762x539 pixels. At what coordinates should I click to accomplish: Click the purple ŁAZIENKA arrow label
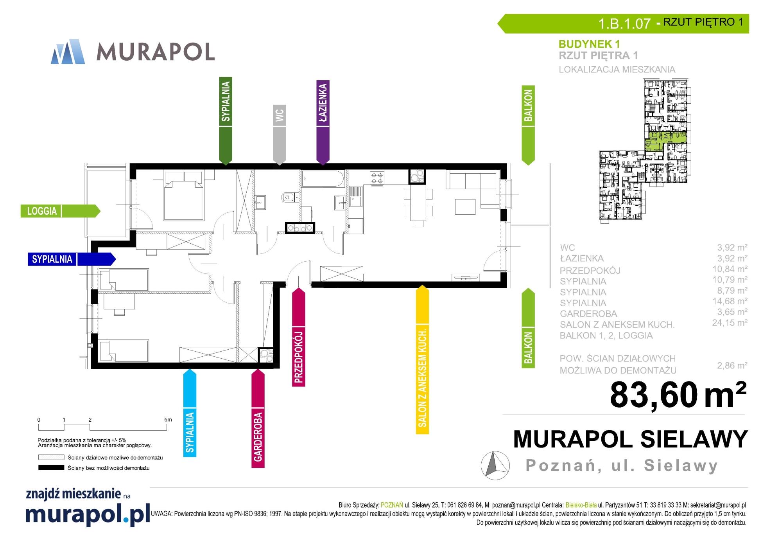pyautogui.click(x=323, y=122)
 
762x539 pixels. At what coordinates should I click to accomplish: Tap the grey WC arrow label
pyautogui.click(x=279, y=135)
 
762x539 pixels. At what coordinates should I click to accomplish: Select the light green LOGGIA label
pyautogui.click(x=60, y=211)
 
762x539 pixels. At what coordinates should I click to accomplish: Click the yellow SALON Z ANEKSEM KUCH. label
pyautogui.click(x=422, y=359)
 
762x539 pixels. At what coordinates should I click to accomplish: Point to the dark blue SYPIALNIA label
pyautogui.click(x=72, y=259)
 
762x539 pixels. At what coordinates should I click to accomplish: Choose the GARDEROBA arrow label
pyautogui.click(x=258, y=419)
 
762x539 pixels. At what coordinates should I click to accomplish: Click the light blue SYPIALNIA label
pyautogui.click(x=190, y=413)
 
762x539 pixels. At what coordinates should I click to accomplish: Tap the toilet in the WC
pyautogui.click(x=288, y=197)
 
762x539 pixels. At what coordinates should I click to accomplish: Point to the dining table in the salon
pyautogui.click(x=418, y=204)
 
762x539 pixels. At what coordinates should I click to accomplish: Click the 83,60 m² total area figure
pyautogui.click(x=678, y=395)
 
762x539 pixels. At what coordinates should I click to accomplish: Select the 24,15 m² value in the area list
pyautogui.click(x=730, y=323)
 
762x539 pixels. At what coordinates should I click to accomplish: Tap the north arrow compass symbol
pyautogui.click(x=495, y=465)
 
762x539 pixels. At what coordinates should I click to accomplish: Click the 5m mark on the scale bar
pyautogui.click(x=168, y=420)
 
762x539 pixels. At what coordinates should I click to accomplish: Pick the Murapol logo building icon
pyautogui.click(x=68, y=51)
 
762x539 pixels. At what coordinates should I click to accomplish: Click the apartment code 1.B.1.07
pyautogui.click(x=624, y=23)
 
